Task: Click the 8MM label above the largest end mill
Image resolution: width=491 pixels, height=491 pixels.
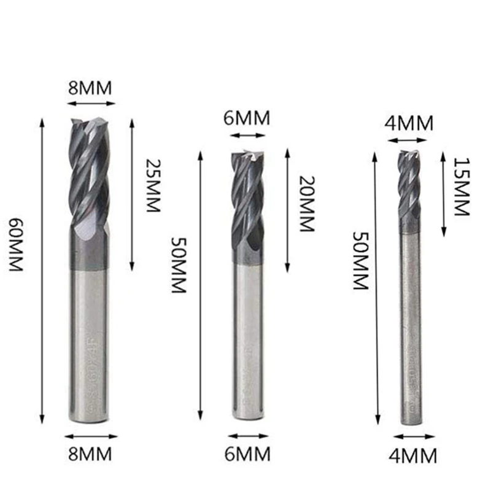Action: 90,88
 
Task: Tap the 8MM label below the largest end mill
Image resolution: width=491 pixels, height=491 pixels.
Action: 90,454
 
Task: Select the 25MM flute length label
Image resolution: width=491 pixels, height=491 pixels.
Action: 153,185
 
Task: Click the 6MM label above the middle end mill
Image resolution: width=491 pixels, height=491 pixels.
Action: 247,118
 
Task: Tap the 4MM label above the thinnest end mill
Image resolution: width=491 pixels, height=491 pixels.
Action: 409,123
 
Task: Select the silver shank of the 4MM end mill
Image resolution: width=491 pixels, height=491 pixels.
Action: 410,331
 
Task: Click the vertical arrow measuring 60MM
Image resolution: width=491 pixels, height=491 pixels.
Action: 42,270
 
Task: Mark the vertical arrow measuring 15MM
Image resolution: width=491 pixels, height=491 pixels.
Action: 443,193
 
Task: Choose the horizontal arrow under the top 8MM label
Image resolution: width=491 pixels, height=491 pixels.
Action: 90,104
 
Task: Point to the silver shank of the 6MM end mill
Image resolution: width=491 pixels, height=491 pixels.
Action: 249,344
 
